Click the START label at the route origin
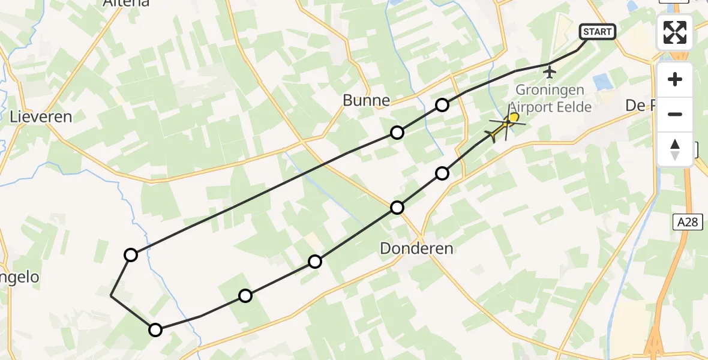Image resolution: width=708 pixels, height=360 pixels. click(597, 32)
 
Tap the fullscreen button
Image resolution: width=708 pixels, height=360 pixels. click(675, 32)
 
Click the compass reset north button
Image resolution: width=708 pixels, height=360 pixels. click(675, 149)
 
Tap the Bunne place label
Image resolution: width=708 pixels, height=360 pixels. click(367, 100)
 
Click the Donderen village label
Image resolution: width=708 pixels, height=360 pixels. click(416, 248)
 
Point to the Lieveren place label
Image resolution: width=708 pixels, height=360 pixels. click(41, 117)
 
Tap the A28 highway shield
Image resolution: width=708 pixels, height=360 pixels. click(687, 223)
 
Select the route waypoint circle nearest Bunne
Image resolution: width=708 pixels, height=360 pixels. click(397, 133)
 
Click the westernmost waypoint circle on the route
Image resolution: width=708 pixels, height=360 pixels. click(131, 255)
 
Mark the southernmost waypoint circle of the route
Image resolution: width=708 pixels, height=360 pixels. click(155, 329)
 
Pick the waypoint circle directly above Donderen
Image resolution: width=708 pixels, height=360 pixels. click(397, 208)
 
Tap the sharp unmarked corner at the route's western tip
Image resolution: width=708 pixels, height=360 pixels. click(111, 296)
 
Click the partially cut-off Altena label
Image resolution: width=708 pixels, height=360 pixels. click(126, 4)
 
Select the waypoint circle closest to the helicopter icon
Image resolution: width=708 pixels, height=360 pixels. click(442, 173)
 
